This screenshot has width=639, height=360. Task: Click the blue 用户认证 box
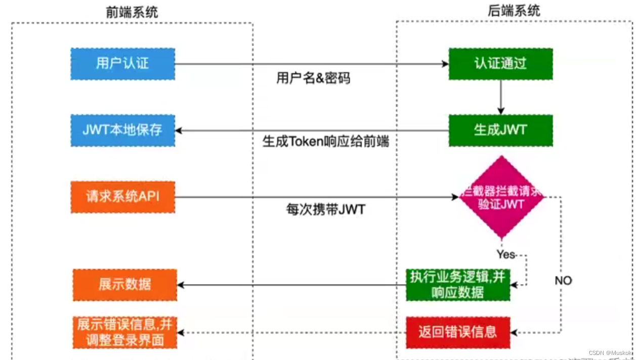tap(122, 64)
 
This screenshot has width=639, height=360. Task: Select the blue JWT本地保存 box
tap(122, 130)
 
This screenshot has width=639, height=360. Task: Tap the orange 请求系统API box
tap(122, 196)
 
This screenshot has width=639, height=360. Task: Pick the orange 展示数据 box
tap(124, 285)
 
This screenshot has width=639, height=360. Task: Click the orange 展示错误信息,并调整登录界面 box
tap(124, 332)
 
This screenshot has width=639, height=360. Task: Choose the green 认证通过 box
tap(500, 64)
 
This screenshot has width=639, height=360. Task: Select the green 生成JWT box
tap(500, 130)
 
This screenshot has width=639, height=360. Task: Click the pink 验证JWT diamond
tap(501, 197)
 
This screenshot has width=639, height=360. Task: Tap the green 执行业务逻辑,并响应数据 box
tap(458, 285)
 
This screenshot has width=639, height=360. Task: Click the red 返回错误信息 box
tap(458, 332)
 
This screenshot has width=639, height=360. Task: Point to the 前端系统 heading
tap(132, 12)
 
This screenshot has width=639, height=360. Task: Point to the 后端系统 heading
tap(514, 11)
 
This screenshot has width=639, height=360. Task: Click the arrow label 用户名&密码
tap(313, 78)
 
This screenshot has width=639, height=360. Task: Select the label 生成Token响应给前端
tap(326, 141)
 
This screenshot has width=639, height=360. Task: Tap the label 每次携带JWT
tap(326, 209)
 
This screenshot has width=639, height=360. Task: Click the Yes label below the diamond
tap(505, 254)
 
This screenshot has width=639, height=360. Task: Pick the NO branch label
tap(563, 281)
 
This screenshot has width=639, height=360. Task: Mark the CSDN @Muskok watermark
tap(610, 352)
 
